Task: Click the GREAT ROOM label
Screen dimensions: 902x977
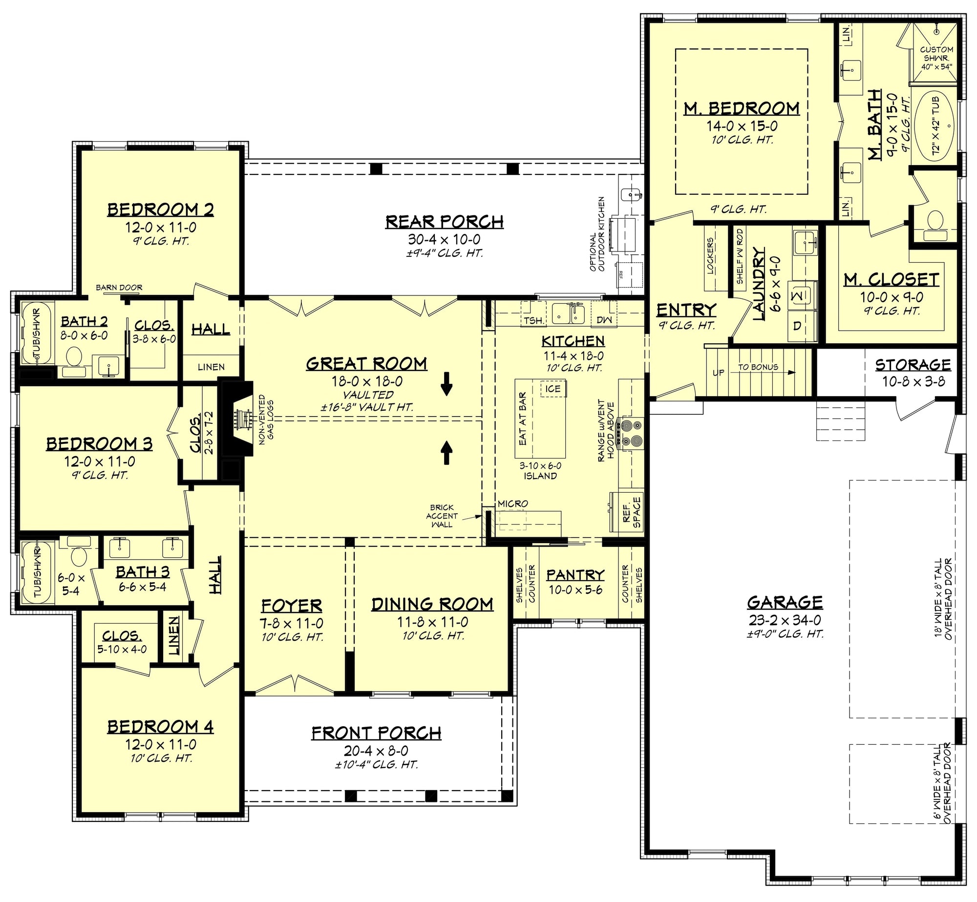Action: click(x=366, y=364)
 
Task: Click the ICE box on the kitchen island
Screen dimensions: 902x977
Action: click(x=553, y=389)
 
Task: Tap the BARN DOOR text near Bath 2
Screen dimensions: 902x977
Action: click(x=119, y=288)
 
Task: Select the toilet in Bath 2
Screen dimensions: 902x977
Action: click(x=74, y=357)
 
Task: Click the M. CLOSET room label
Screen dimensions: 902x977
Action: click(x=892, y=279)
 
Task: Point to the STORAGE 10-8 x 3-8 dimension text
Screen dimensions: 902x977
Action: click(x=913, y=381)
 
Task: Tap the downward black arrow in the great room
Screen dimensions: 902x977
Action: click(x=446, y=383)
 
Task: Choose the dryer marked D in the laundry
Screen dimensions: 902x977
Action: click(x=797, y=326)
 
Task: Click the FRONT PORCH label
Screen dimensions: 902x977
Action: click(x=376, y=733)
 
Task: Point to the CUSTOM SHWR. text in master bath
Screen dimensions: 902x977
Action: click(x=936, y=54)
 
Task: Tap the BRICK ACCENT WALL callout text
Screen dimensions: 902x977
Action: click(x=442, y=516)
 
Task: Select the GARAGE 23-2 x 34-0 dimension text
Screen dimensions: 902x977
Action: click(x=785, y=620)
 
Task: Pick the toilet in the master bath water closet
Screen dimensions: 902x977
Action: click(x=935, y=222)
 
